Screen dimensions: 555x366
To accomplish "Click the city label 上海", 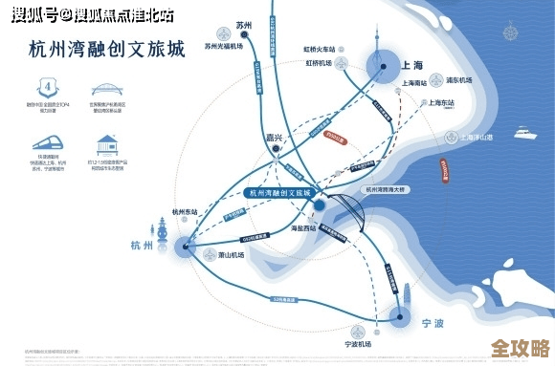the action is click(413, 66).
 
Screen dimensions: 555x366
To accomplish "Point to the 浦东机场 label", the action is click(462, 79).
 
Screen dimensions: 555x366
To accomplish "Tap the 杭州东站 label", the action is click(185, 212).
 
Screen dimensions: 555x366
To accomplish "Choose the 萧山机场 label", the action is click(233, 256).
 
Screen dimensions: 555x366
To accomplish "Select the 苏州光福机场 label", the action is click(226, 45).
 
